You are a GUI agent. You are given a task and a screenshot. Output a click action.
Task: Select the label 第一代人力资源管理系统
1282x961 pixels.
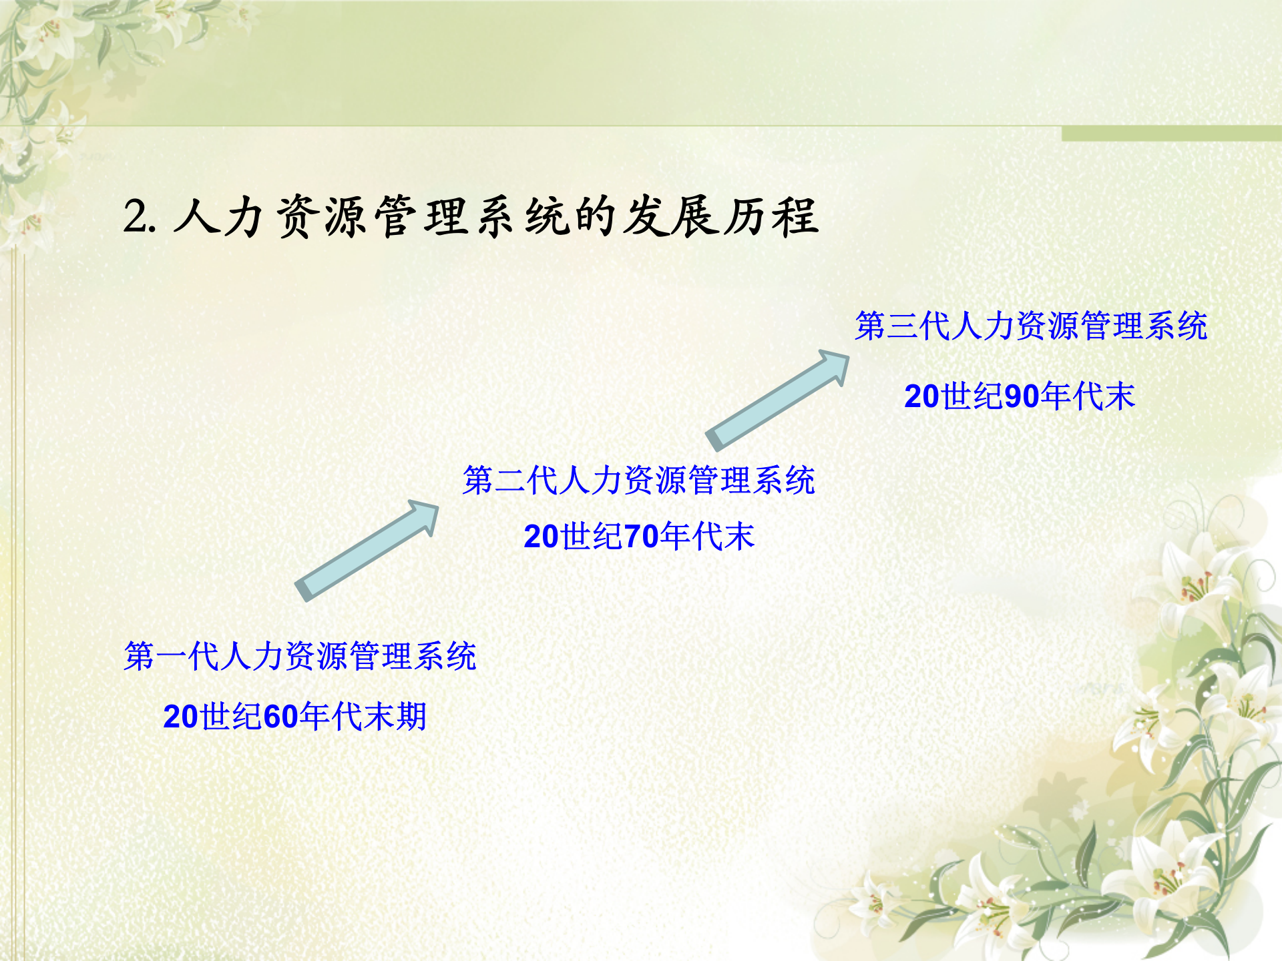coord(300,656)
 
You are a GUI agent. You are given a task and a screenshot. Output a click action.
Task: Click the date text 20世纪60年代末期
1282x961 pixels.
coord(294,717)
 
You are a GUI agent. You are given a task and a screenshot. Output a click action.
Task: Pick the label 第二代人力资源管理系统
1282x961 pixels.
coord(638,480)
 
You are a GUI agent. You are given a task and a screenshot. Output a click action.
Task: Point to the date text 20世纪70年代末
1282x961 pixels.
coord(638,537)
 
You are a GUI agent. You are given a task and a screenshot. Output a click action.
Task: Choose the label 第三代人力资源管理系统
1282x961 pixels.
coord(1031,326)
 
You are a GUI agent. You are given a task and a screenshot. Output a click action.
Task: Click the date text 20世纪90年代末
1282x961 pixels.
coord(1019,396)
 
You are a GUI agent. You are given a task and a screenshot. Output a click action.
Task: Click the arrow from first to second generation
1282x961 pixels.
coord(366,551)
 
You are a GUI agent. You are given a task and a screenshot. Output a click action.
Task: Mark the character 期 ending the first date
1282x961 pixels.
coord(411,717)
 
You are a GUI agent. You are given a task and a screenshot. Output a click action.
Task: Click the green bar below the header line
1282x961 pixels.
coord(1171,133)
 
